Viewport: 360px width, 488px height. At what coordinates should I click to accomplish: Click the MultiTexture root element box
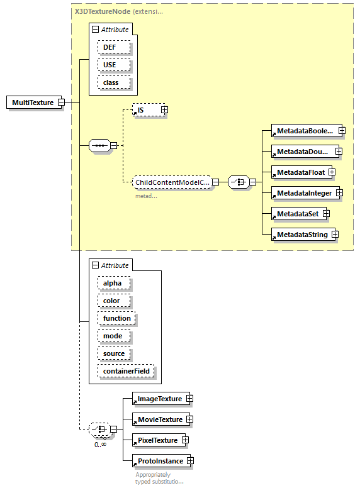[32, 103]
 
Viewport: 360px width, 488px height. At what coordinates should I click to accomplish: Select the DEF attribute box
[113, 47]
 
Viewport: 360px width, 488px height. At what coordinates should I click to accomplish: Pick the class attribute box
[113, 82]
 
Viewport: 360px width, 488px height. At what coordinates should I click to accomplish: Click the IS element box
[145, 110]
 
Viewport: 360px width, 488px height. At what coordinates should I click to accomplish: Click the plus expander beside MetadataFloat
[331, 172]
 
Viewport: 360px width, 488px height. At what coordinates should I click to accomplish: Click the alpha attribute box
[113, 283]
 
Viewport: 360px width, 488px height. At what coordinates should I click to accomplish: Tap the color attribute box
[113, 301]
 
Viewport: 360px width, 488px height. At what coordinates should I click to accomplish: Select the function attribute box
[116, 318]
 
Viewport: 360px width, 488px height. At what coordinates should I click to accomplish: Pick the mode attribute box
[113, 336]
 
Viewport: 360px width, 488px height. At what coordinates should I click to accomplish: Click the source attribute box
[114, 353]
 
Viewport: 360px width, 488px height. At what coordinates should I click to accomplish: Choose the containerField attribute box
[125, 371]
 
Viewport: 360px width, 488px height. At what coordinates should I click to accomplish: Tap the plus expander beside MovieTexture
[189, 419]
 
